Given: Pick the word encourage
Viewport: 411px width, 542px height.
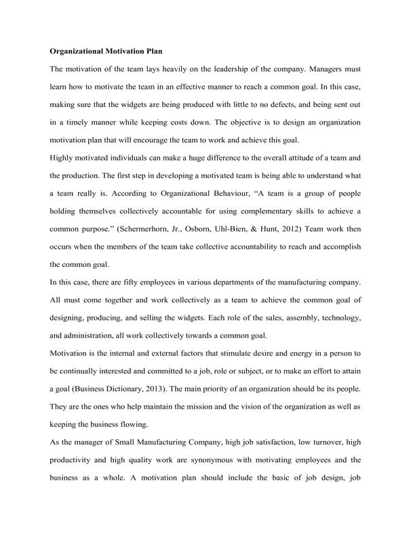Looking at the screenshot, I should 177,141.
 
